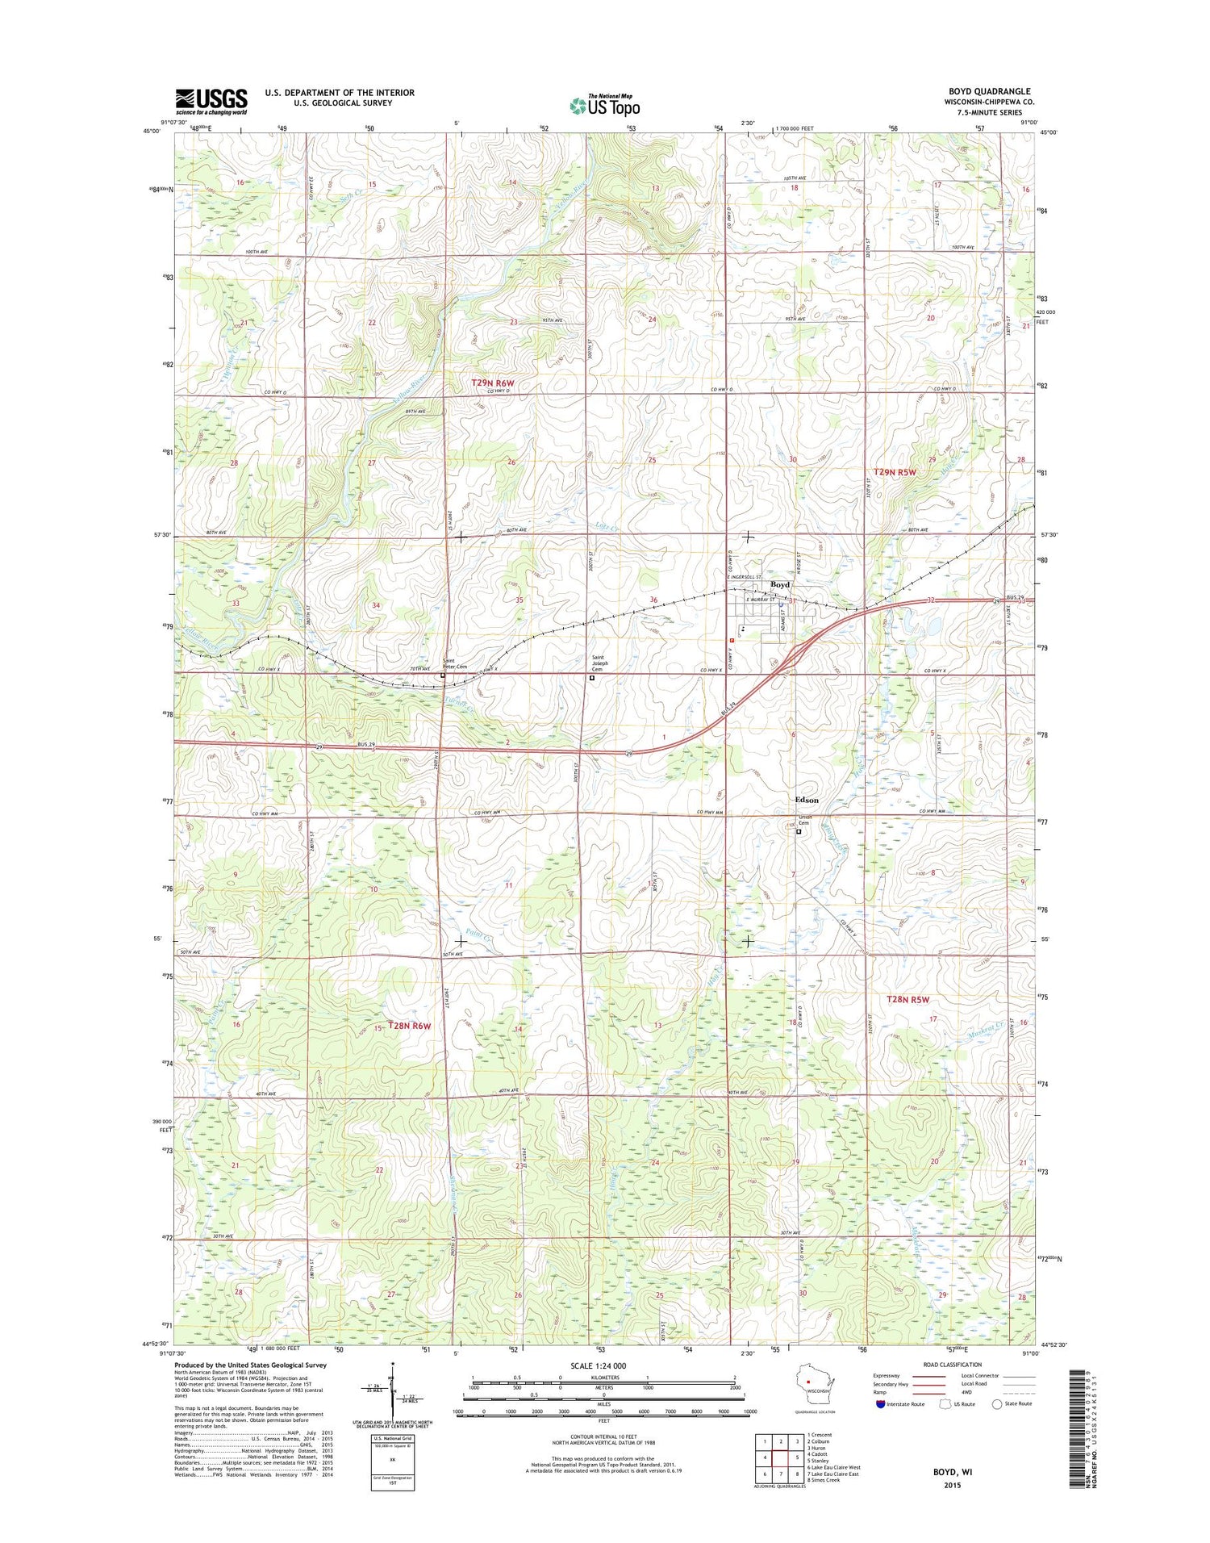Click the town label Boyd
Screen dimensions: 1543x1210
click(x=779, y=584)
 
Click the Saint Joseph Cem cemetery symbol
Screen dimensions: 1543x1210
click(x=591, y=678)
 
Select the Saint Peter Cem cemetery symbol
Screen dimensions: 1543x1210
click(x=442, y=675)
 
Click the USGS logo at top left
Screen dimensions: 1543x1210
click(x=211, y=102)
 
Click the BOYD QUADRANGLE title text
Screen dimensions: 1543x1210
click(x=989, y=91)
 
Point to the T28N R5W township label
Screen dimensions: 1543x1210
click(x=907, y=999)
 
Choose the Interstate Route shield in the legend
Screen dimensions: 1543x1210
click(x=878, y=1404)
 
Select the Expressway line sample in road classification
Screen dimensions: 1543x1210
click(x=928, y=1376)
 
